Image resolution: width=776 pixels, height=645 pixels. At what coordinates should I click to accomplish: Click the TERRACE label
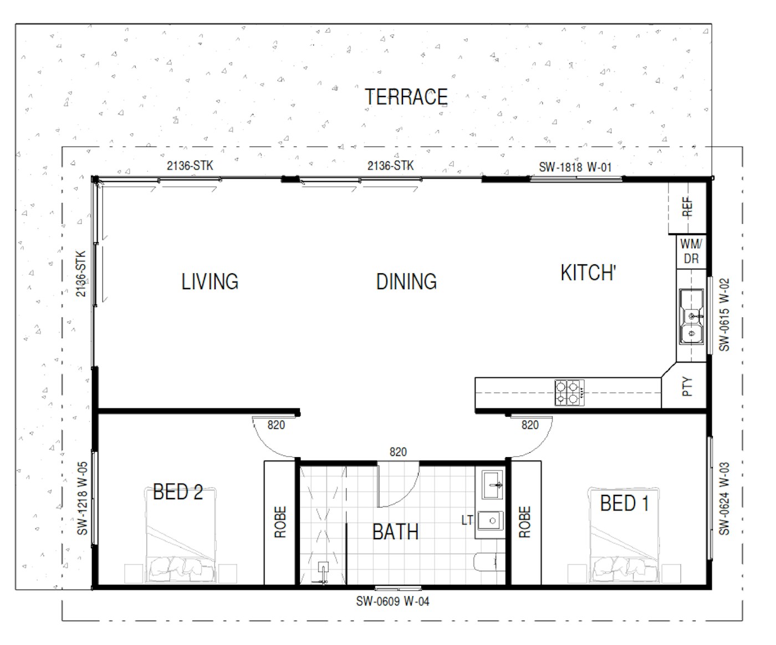[406, 97]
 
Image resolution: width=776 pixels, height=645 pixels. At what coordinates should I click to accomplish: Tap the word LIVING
[210, 281]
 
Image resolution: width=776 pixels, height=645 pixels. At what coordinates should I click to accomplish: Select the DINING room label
[406, 281]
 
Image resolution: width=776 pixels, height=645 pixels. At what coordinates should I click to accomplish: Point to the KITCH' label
[588, 273]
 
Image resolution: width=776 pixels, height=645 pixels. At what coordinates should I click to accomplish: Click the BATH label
[395, 531]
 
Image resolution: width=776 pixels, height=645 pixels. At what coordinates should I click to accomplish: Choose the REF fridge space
[687, 207]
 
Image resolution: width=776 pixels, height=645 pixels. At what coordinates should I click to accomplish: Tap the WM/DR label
[691, 252]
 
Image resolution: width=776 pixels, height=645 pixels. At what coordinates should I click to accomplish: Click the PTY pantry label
[687, 386]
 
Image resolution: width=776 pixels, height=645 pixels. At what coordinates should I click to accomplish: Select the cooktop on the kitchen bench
[569, 392]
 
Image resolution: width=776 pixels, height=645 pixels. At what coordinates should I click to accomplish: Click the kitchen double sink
[692, 316]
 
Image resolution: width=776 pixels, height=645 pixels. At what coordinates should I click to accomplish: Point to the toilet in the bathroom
[489, 561]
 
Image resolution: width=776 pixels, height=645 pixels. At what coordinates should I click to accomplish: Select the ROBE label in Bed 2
[280, 522]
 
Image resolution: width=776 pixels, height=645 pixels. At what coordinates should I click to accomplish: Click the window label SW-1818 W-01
[575, 167]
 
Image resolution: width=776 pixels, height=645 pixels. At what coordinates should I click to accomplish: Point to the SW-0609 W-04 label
[392, 601]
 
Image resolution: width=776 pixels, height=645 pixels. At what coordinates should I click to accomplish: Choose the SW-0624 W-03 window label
[724, 499]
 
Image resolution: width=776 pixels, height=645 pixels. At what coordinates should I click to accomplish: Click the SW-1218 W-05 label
[82, 498]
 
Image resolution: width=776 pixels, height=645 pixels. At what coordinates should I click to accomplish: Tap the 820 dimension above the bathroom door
[398, 452]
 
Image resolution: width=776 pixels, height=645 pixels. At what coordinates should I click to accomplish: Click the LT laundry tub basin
[491, 520]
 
